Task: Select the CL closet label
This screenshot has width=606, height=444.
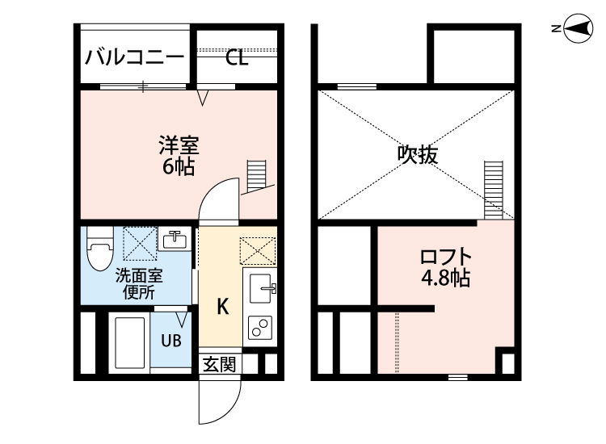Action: tap(236, 57)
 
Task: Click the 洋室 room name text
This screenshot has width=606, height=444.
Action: tap(178, 147)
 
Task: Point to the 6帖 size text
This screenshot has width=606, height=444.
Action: tap(178, 168)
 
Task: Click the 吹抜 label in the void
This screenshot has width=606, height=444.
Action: tap(418, 154)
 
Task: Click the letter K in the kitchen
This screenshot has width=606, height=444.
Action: tap(223, 306)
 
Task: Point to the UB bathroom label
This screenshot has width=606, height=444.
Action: tap(170, 340)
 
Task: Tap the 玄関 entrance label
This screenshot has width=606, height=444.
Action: tap(219, 364)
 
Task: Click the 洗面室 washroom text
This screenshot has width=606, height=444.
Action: tap(139, 274)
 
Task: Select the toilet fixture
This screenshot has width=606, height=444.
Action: tap(99, 248)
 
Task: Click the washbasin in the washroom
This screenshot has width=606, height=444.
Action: tap(175, 240)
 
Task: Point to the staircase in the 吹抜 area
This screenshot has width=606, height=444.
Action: tap(493, 189)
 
